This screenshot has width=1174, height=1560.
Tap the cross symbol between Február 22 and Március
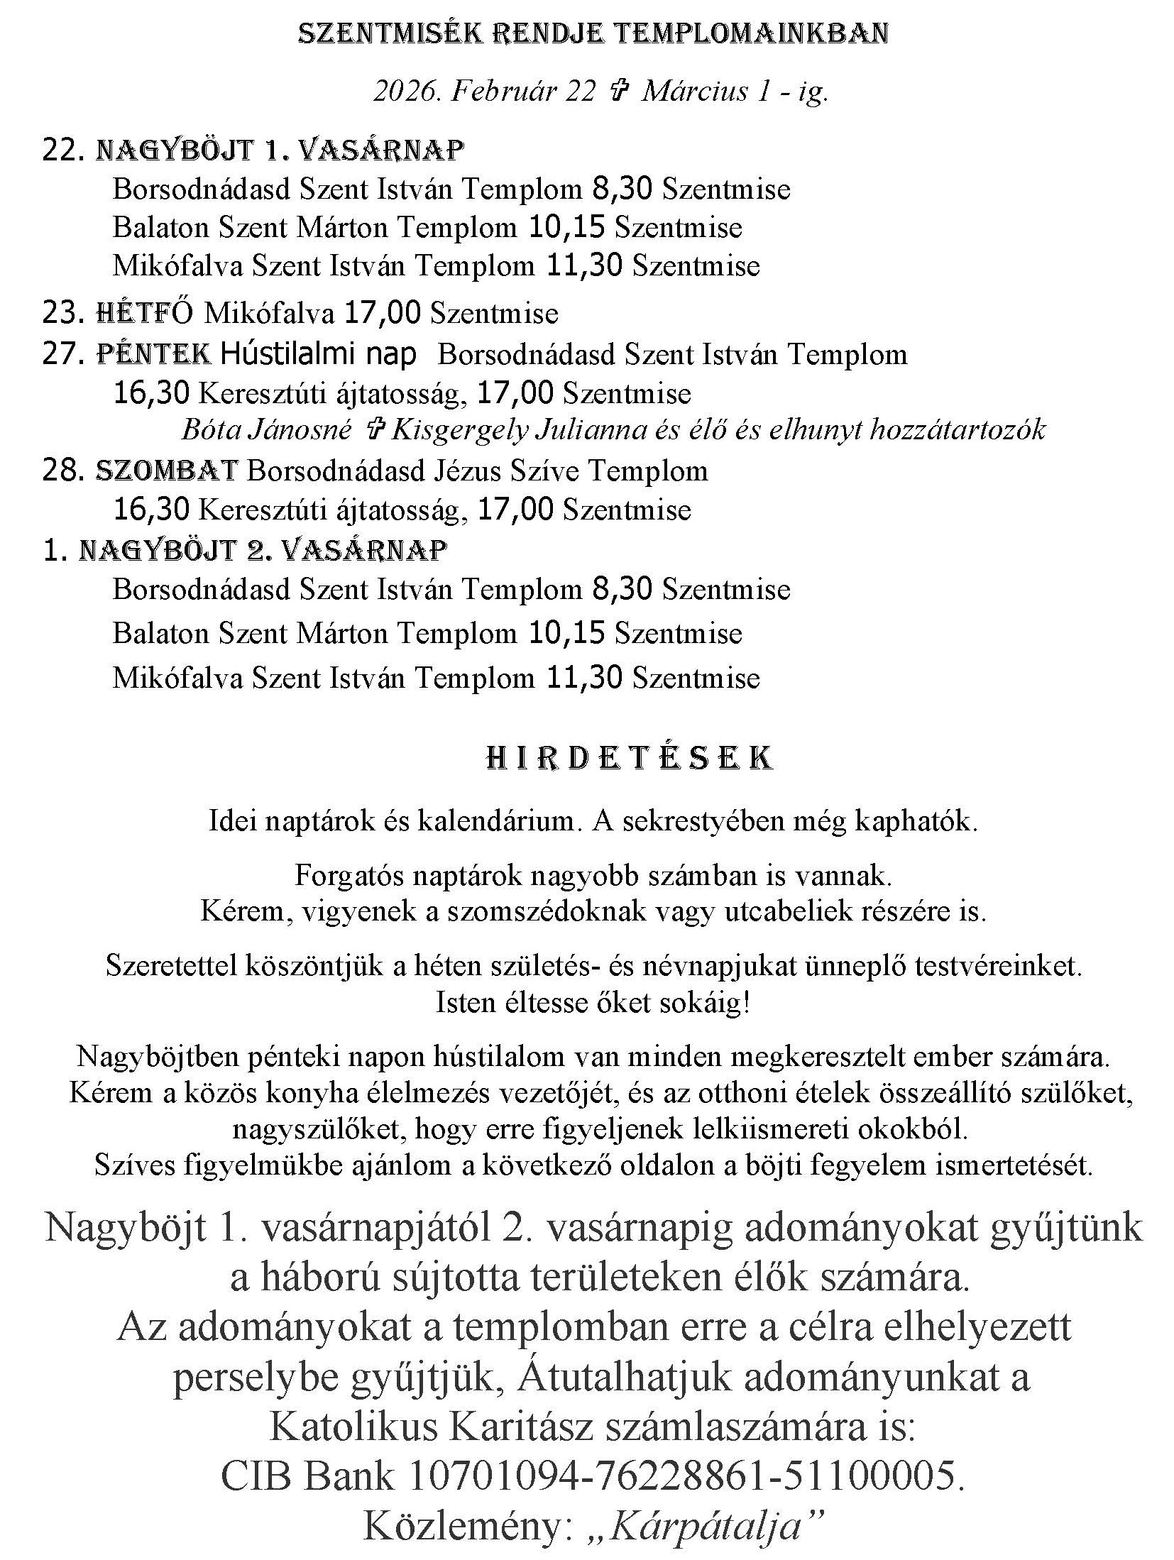[x=618, y=92]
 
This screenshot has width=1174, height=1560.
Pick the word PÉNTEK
[x=153, y=353]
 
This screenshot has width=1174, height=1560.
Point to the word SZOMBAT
[x=166, y=470]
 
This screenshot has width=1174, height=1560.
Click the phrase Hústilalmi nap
[x=318, y=353]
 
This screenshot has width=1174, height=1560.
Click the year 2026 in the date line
[x=402, y=92]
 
